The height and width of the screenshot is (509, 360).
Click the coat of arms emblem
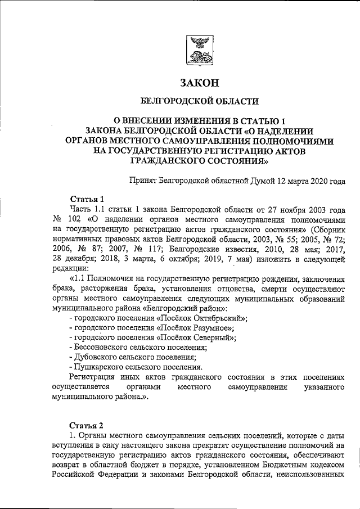pyautogui.click(x=198, y=51)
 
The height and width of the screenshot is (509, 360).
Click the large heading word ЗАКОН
pyautogui.click(x=199, y=83)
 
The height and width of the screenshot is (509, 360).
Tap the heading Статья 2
pyautogui.click(x=87, y=424)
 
